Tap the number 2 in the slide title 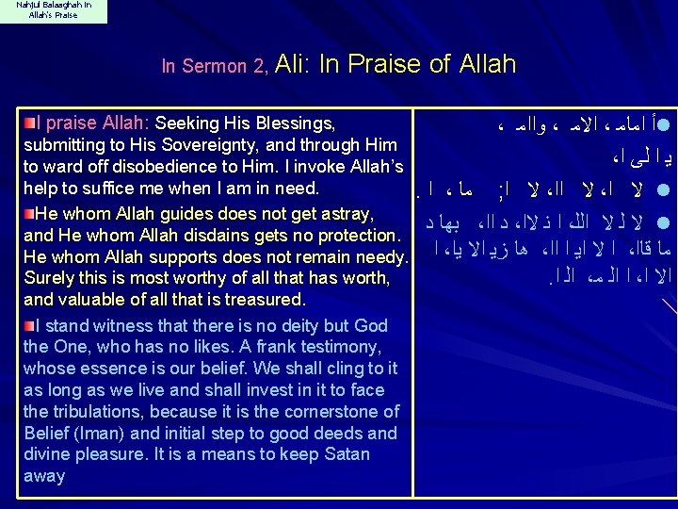coord(260,66)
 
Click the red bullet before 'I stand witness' coord(29,325)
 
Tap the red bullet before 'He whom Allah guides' coord(29,210)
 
